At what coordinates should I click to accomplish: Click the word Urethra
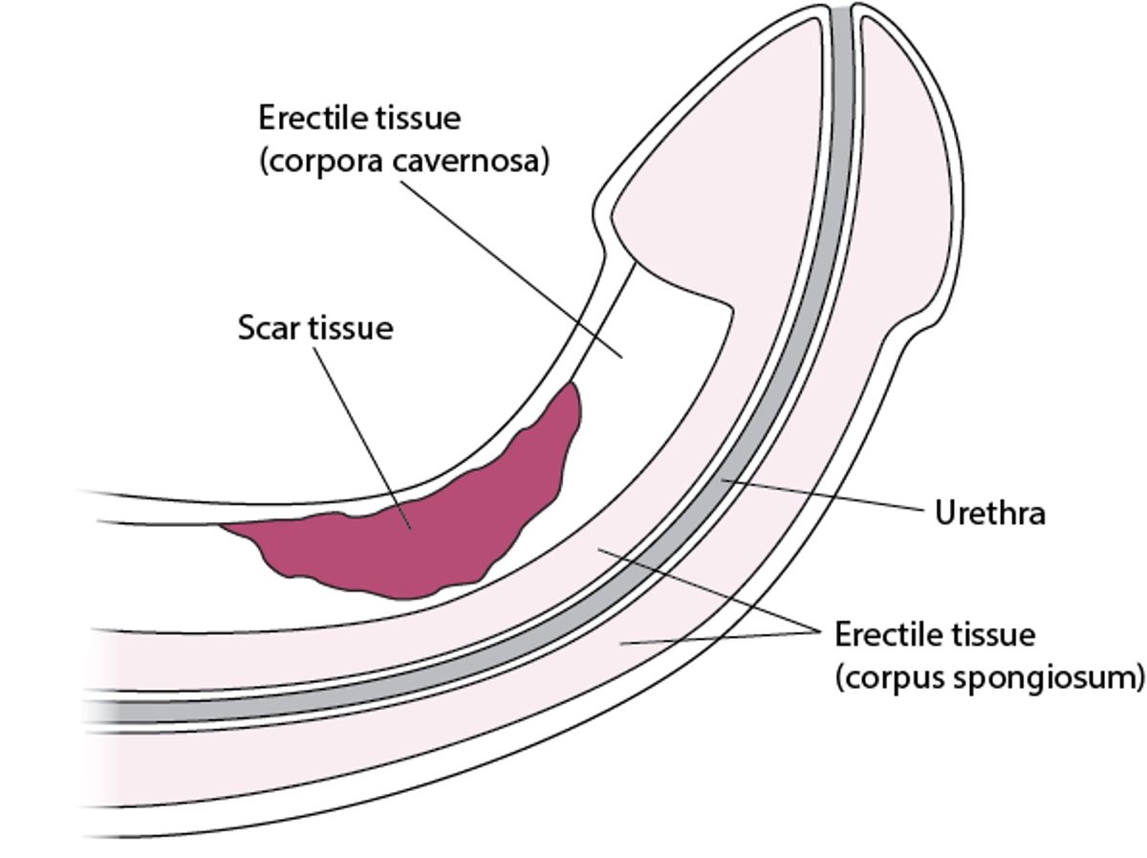989,514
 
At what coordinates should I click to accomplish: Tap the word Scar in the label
271,328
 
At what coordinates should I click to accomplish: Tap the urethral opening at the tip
840,14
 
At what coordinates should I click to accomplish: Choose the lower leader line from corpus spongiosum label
717,638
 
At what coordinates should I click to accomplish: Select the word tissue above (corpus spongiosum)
995,634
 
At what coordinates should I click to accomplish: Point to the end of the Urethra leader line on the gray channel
724,477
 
